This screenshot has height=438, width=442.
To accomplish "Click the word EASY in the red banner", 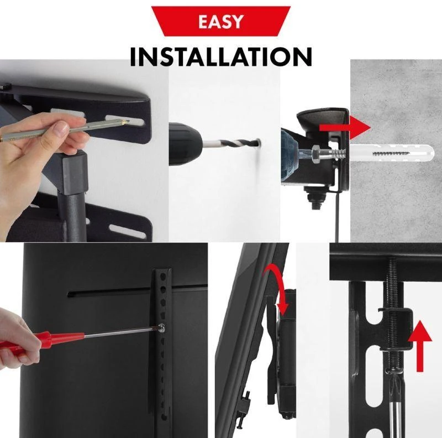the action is coord(220,22).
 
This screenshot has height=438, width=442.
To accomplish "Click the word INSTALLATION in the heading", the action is coord(221,56).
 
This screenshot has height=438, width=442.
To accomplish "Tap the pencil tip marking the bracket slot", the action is coord(127,122).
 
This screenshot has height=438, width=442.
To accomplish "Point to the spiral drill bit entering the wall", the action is coord(230,143).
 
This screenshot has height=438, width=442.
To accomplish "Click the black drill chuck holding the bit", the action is coord(185,144).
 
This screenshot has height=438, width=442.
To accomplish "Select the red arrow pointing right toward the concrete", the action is coord(345,127).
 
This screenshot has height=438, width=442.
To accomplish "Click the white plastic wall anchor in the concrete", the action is coord(391,153).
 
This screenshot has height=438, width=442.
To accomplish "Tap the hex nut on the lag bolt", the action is coord(317,154).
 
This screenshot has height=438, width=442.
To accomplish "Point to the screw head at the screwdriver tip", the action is coord(161,327).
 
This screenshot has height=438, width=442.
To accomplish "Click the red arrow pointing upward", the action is coord(420,346).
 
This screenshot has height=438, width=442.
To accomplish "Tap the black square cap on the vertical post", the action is coord(75,173).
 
